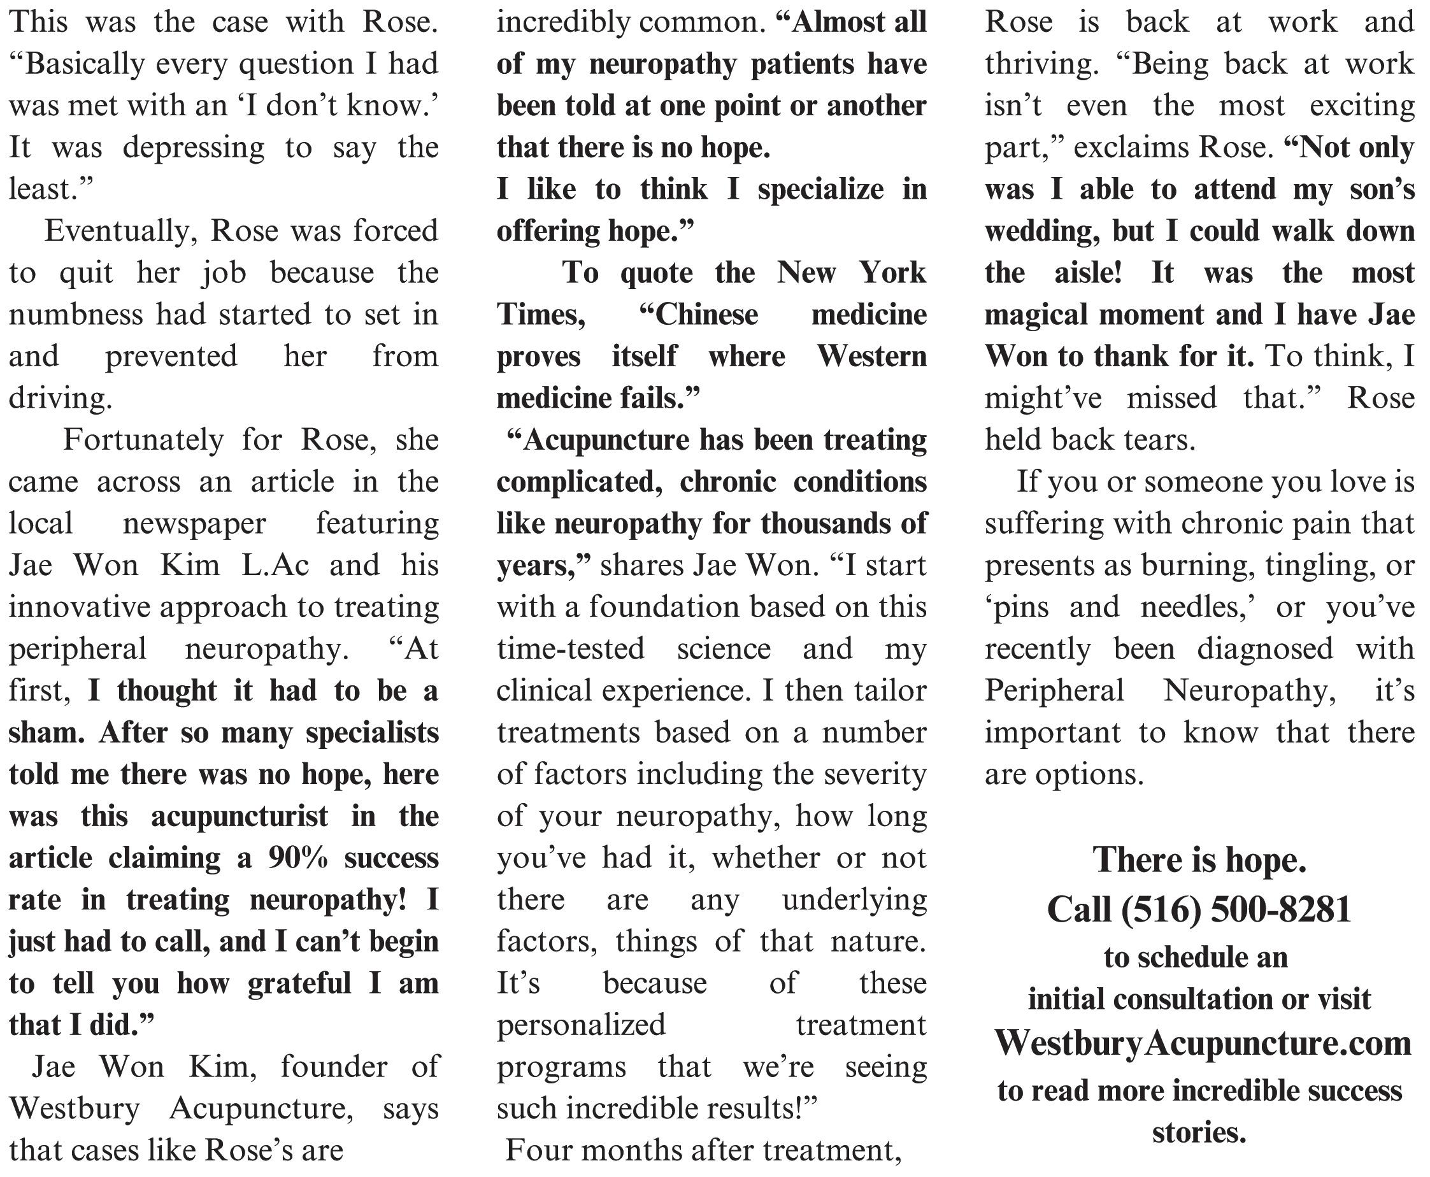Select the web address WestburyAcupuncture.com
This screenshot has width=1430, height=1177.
tap(1202, 1043)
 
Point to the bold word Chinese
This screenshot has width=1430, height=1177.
tap(698, 315)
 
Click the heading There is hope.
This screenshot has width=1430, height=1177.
tap(1199, 860)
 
